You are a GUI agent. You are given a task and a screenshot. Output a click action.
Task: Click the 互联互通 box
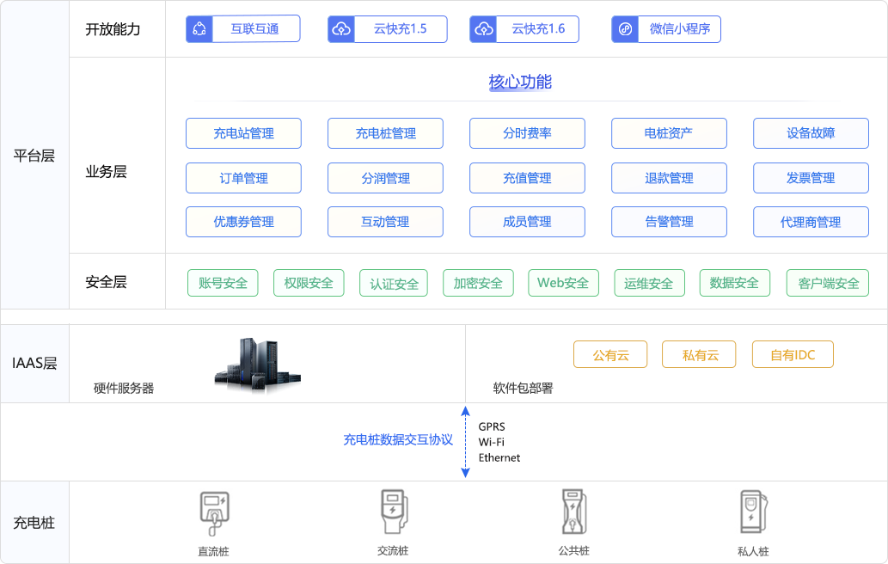click(x=243, y=29)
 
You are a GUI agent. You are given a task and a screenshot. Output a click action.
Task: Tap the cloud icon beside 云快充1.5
click(x=341, y=29)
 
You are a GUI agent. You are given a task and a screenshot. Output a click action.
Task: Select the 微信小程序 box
click(x=666, y=29)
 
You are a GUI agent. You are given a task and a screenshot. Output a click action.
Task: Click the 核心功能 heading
click(x=520, y=83)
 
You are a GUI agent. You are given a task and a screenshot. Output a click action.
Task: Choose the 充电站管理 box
click(x=243, y=133)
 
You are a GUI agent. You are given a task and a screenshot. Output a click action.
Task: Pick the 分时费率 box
click(x=527, y=133)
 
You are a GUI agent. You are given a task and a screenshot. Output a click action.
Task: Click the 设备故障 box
click(x=811, y=133)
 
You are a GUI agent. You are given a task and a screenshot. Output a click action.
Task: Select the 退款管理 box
click(x=669, y=178)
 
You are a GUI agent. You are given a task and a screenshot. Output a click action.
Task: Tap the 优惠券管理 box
click(x=243, y=222)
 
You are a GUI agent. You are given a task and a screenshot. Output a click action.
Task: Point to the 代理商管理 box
click(x=811, y=222)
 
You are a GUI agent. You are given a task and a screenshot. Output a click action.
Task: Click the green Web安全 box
click(x=564, y=283)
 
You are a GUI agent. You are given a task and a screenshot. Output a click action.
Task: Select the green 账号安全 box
click(x=223, y=283)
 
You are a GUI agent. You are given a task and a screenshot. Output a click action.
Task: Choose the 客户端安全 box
click(x=828, y=283)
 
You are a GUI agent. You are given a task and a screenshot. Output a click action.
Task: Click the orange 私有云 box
click(x=699, y=354)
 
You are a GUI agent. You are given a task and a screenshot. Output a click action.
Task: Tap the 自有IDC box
click(x=793, y=354)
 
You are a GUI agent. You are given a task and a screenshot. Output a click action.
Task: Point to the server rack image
click(x=258, y=365)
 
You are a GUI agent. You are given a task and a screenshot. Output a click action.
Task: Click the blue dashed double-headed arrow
click(x=466, y=442)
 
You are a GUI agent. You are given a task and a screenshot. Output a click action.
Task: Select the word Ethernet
click(x=499, y=457)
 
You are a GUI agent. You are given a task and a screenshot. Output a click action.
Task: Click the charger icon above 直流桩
click(x=214, y=513)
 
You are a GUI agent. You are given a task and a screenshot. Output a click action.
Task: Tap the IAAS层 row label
click(x=34, y=363)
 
